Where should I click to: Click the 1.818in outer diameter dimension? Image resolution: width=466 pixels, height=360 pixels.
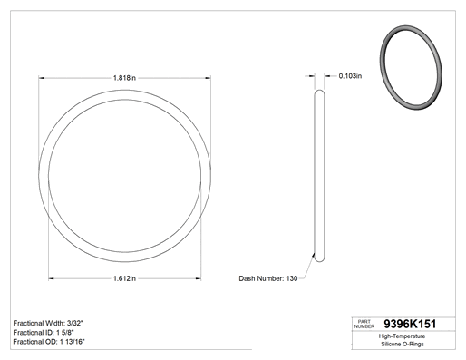[124, 78]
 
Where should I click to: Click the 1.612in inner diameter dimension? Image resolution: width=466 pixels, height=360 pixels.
[124, 278]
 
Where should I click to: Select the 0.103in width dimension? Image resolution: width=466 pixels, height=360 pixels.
[350, 76]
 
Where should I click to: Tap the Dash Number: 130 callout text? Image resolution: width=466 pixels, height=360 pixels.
[268, 278]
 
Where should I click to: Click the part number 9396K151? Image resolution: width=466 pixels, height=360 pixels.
[410, 324]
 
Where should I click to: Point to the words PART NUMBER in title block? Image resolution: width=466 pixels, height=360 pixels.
[364, 324]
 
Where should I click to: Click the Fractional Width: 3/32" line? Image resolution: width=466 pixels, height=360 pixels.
[48, 323]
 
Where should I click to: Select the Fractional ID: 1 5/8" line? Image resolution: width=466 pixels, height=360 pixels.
[44, 333]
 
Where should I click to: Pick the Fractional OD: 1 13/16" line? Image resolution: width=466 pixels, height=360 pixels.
[49, 342]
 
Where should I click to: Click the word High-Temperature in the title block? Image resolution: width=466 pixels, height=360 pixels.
[402, 336]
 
